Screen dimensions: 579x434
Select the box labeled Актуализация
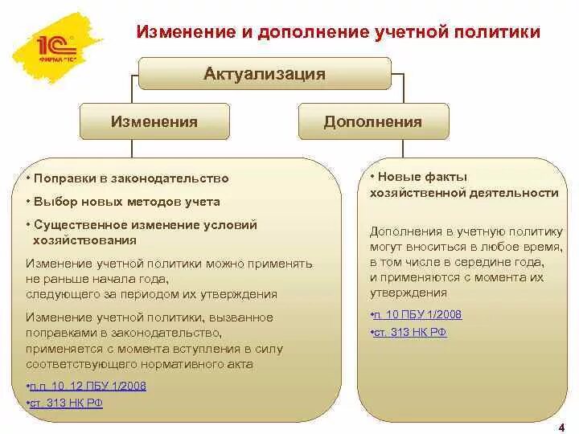coord(264,74)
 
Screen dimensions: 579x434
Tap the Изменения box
coord(154,121)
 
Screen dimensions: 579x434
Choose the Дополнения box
coord(372,121)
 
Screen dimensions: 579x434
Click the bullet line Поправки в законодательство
coord(129,178)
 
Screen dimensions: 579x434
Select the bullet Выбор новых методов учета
coord(125,202)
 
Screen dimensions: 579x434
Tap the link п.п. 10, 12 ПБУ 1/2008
coord(87,386)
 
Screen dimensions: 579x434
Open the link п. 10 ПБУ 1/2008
coord(417,314)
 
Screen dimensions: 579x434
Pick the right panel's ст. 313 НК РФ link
coord(409,332)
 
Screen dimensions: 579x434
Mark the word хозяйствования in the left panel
coord(84,240)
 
